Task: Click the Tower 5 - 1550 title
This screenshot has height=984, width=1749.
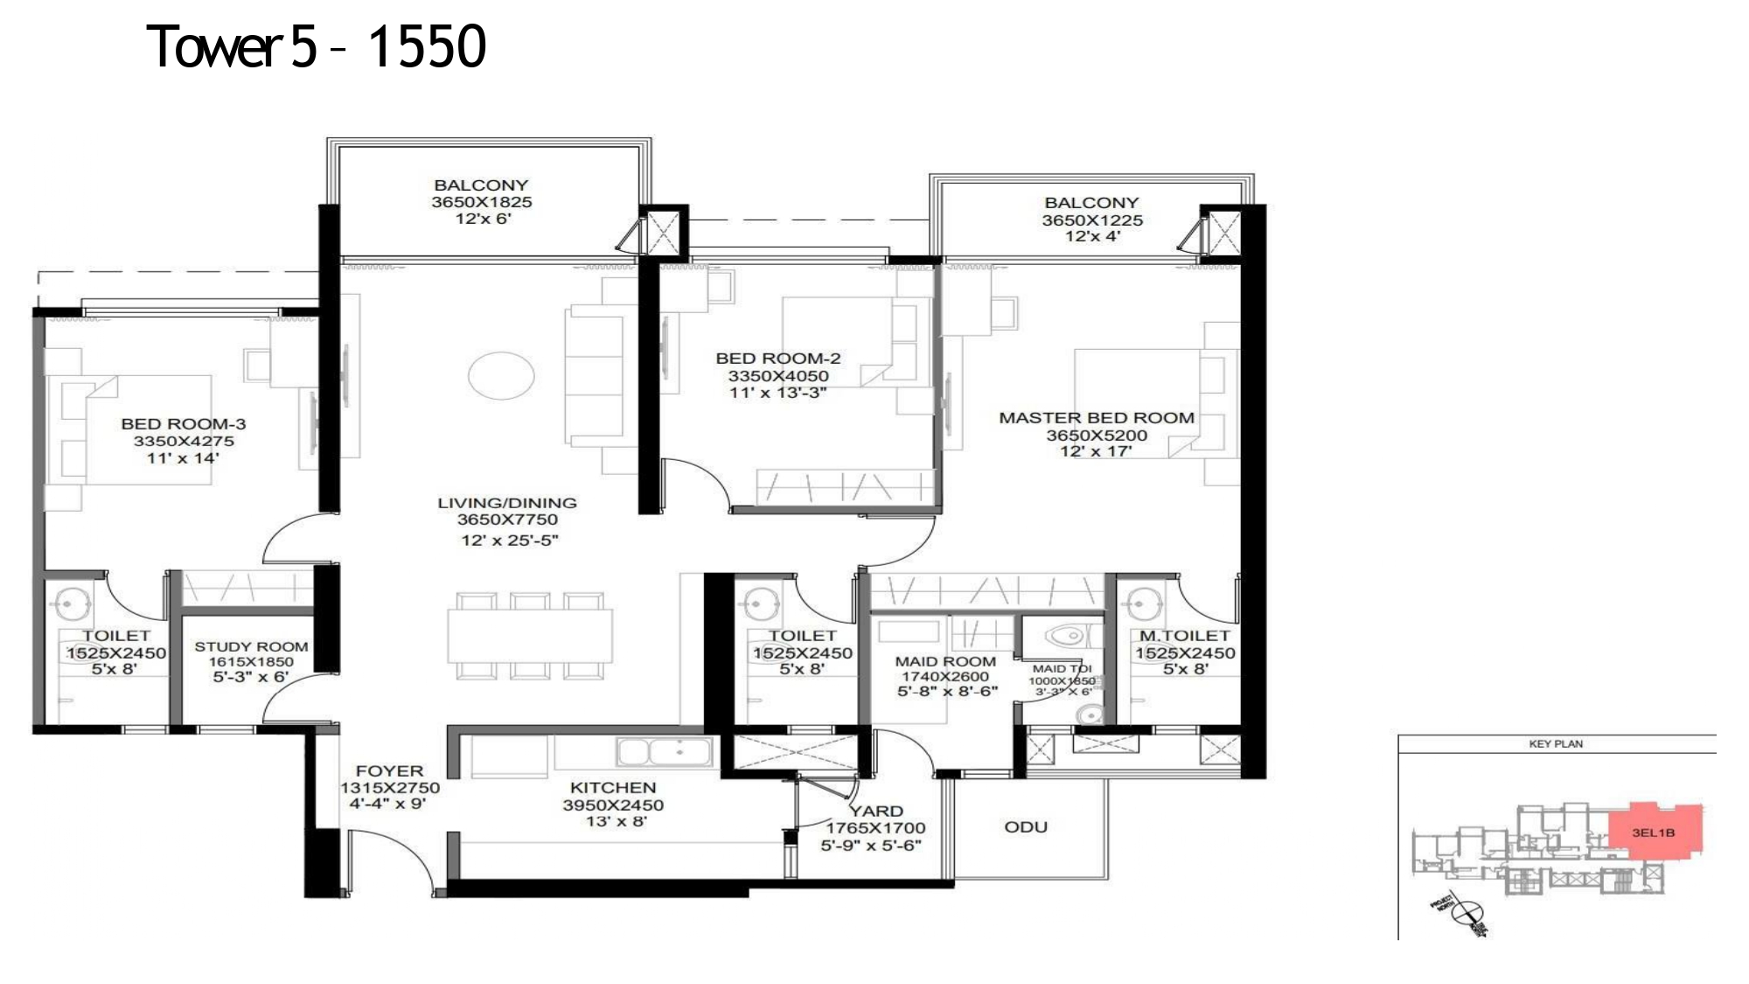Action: (x=316, y=46)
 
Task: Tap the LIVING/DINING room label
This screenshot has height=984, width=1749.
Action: (x=507, y=503)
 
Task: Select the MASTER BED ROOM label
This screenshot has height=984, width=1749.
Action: (x=1097, y=418)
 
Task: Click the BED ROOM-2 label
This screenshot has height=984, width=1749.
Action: (x=777, y=359)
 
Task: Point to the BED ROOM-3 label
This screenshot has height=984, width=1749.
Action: (x=184, y=424)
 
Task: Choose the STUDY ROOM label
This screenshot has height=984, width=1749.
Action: (x=251, y=646)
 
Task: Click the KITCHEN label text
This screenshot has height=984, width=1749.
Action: (x=612, y=788)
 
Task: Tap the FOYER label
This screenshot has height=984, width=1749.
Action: (x=389, y=771)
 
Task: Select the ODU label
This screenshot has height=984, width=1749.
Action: (x=1026, y=827)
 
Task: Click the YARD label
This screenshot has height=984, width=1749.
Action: (x=876, y=811)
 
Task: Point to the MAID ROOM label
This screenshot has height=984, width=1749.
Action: (x=945, y=661)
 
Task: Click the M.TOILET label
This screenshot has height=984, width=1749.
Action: (x=1184, y=636)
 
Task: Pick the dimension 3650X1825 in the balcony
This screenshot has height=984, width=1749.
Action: (x=481, y=202)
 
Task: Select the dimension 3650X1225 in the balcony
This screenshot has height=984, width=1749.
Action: (x=1091, y=220)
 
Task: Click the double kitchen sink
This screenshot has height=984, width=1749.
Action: (x=664, y=751)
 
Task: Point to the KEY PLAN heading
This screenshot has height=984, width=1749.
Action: (x=1556, y=744)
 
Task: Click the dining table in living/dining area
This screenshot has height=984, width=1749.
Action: (x=530, y=636)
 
